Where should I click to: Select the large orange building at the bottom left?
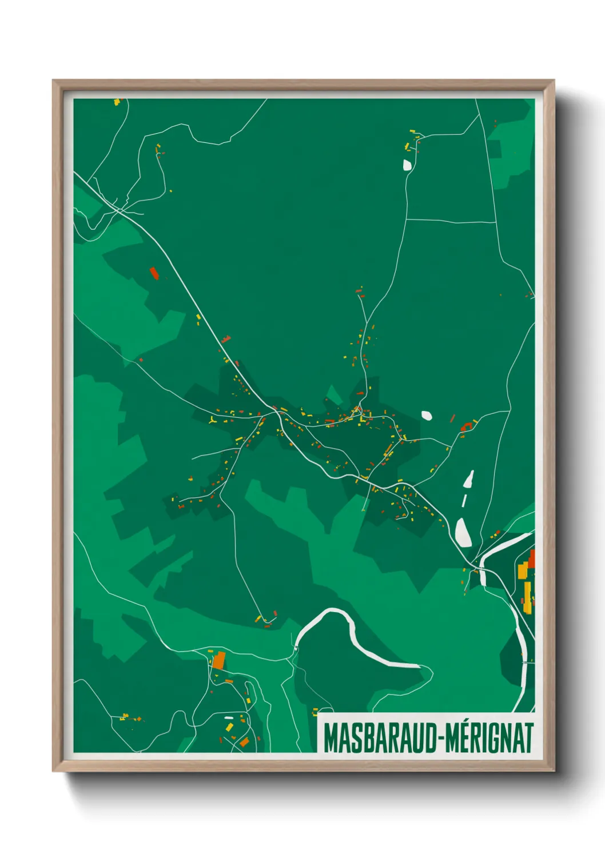pos(219,660)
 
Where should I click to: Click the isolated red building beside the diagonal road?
pos(153,273)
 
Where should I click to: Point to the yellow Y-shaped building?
pos(213,420)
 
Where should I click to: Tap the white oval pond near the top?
pos(407,165)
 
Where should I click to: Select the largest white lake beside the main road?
pos(463,533)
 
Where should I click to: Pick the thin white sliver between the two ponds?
pos(464,501)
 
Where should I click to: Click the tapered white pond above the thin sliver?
pos(469,479)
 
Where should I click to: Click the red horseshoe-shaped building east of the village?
pos(466,425)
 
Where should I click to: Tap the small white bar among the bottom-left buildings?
pos(229,717)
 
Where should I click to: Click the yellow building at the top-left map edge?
pos(117,102)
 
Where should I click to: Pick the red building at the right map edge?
pos(531,558)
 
